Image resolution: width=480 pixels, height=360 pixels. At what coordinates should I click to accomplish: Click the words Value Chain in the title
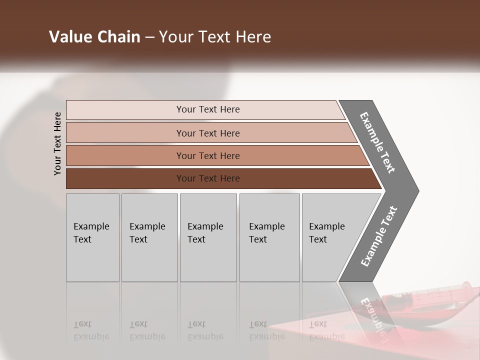click(x=94, y=37)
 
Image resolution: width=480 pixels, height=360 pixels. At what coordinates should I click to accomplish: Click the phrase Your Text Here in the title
click(x=215, y=37)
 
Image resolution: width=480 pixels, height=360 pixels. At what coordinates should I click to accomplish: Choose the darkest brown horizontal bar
click(x=125, y=178)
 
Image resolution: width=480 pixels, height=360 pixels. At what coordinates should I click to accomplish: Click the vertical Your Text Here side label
click(x=57, y=144)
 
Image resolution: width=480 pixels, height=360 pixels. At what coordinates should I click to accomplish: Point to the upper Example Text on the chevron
click(x=377, y=142)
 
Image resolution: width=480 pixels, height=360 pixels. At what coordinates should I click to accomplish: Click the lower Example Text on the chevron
click(x=378, y=236)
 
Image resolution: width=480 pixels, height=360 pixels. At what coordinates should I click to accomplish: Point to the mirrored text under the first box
click(x=91, y=331)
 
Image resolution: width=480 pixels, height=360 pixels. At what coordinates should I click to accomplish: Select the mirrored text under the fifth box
click(x=326, y=331)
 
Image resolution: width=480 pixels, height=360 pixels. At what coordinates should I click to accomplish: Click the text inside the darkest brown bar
click(x=208, y=178)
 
